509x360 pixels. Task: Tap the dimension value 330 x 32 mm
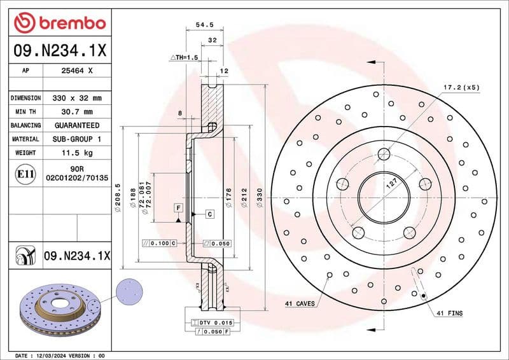tap(77, 98)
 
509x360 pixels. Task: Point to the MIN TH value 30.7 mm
tap(77, 112)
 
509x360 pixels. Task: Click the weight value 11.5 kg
tap(77, 153)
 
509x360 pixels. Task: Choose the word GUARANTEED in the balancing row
tap(77, 125)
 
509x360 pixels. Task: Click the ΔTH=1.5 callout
tap(184, 57)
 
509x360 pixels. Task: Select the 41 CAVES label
tap(300, 304)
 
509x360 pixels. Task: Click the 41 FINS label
tap(449, 313)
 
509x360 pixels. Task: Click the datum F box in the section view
tap(178, 208)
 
